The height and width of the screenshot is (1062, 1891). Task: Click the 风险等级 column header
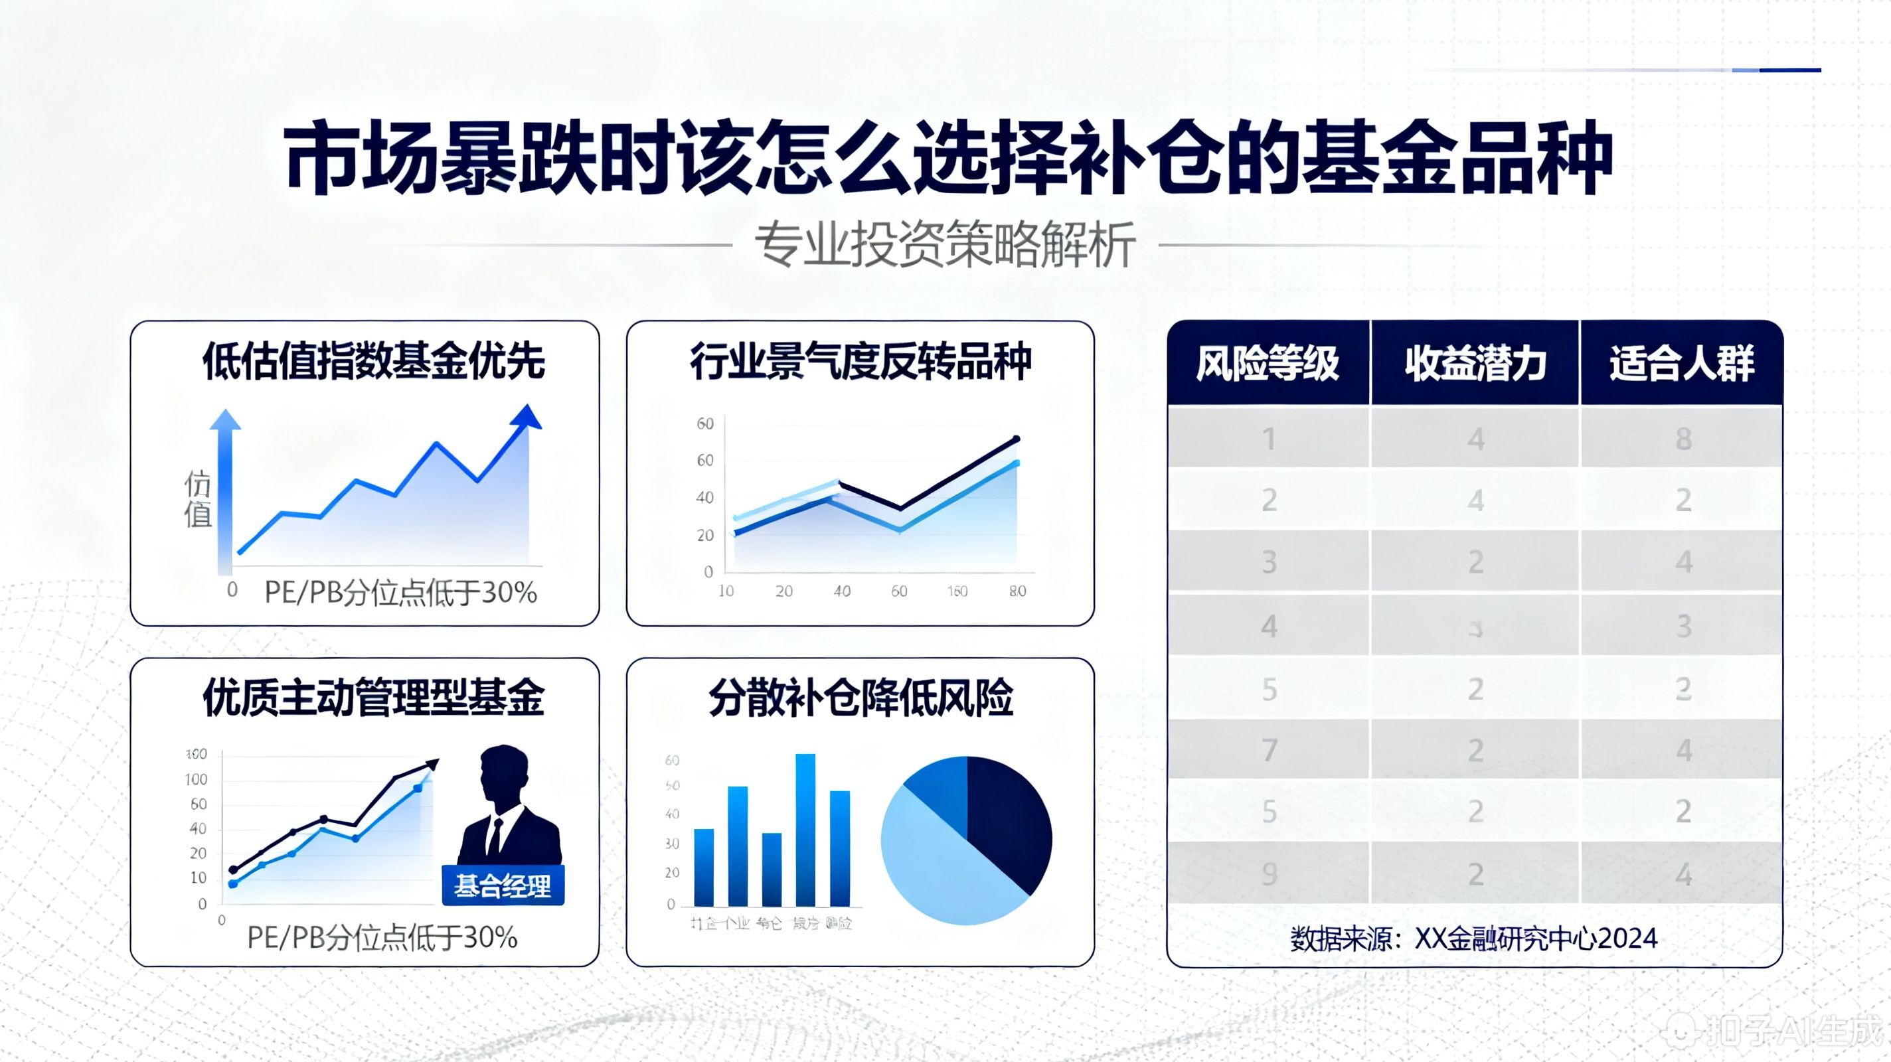1268,363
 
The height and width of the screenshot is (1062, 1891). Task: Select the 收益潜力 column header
1475,363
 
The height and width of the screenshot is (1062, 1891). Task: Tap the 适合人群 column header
1682,363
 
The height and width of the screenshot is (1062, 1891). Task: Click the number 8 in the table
1683,439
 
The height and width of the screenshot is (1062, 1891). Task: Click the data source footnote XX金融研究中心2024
1474,938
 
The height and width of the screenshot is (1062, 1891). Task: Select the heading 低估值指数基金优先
374,361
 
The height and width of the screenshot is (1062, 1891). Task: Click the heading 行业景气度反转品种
861,361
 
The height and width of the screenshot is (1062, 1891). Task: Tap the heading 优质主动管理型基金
374,697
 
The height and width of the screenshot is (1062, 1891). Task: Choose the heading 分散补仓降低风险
861,697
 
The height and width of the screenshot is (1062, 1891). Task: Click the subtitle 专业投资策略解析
945,244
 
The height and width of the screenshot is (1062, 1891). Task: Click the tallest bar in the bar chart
805,829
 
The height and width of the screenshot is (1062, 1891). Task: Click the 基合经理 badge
503,886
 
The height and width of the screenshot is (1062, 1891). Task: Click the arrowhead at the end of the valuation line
527,417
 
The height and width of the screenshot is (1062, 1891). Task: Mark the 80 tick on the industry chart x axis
1017,591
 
